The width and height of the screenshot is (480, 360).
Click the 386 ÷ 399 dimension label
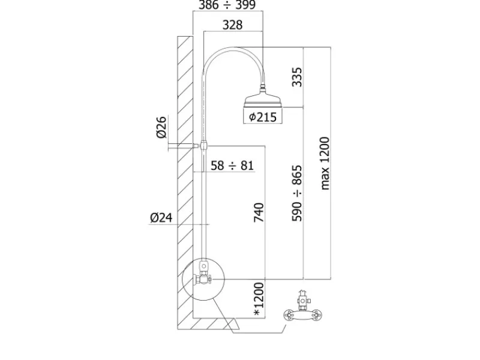tap(227, 5)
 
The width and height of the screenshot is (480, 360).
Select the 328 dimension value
tap(232, 25)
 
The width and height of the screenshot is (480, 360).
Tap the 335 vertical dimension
tap(296, 77)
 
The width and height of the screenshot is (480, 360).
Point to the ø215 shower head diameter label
tap(263, 117)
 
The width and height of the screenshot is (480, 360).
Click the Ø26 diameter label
tap(161, 127)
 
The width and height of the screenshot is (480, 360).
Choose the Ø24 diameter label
tap(161, 218)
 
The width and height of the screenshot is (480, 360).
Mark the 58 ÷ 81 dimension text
tap(232, 166)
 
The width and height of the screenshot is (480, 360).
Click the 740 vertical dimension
tap(259, 212)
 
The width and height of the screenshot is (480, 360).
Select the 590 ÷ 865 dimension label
tap(296, 193)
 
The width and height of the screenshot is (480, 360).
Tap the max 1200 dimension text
tap(325, 163)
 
